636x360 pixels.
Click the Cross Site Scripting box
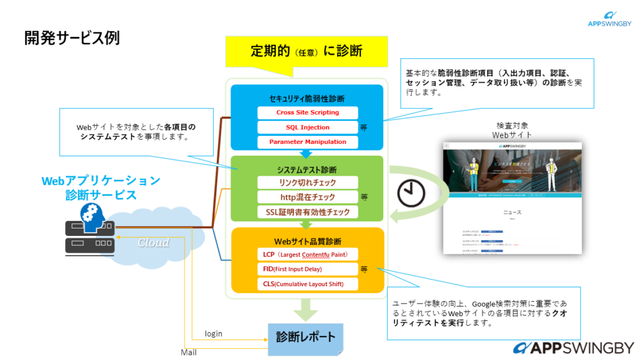coord(307,112)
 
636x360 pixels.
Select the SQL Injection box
coord(307,127)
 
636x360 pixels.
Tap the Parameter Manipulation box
coord(307,142)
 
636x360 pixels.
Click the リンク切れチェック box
coord(307,182)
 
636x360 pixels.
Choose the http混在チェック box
coord(307,197)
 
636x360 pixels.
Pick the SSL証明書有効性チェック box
coord(307,212)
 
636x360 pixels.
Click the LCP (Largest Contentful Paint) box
coord(307,254)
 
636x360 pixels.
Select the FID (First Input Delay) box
coord(307,269)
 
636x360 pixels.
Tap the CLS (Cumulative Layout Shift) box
coord(307,284)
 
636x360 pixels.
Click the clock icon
coord(410,194)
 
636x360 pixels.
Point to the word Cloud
coord(153,243)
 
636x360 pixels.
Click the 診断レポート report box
coord(305,338)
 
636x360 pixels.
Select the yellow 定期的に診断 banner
coord(307,51)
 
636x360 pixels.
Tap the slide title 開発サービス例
coord(72,38)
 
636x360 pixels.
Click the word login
coord(213,334)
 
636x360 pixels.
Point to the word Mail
coord(189,352)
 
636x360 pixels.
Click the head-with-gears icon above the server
coord(91,217)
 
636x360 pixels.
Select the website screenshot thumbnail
coord(512,197)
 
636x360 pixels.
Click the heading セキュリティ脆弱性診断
coord(307,99)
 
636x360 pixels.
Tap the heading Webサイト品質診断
coord(307,241)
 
